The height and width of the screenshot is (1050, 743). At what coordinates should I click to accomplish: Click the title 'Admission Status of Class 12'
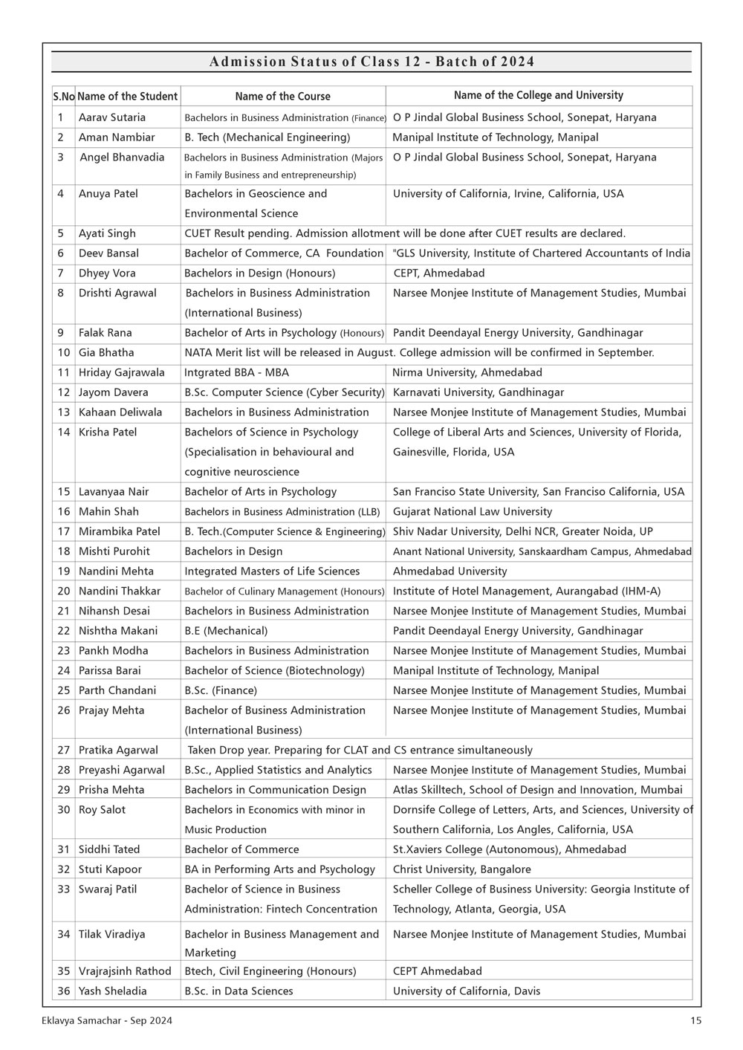[371, 62]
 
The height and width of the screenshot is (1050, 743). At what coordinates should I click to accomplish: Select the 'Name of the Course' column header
[282, 96]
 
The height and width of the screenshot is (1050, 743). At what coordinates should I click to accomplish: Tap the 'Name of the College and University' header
[538, 95]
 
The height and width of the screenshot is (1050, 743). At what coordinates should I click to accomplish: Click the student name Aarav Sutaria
[112, 117]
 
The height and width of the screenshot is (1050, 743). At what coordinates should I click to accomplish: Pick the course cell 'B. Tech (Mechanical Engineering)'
[267, 137]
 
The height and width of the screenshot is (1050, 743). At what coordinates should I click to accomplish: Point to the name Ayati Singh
[107, 233]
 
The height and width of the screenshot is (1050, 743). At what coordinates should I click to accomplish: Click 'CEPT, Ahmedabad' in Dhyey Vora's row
[438, 273]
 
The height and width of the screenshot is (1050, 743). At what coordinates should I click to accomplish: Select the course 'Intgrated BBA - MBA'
[236, 373]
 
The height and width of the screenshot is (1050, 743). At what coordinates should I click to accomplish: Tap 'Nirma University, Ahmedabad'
[467, 373]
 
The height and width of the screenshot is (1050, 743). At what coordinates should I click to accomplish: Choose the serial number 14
[63, 432]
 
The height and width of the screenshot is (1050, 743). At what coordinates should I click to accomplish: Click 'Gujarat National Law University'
[472, 512]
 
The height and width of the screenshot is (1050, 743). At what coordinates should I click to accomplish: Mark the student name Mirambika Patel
[119, 532]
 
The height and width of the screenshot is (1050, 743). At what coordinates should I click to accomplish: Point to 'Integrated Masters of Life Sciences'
[272, 571]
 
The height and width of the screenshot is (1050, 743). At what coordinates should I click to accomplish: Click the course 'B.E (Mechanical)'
[226, 631]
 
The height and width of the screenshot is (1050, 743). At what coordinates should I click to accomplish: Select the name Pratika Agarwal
[118, 751]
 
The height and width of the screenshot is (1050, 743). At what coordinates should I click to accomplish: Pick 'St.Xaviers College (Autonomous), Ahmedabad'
[509, 849]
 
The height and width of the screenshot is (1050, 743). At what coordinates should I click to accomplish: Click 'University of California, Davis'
[467, 991]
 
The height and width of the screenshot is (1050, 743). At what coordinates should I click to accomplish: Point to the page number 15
[695, 1021]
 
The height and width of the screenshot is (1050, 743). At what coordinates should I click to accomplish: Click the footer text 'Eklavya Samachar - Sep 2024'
[108, 1021]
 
